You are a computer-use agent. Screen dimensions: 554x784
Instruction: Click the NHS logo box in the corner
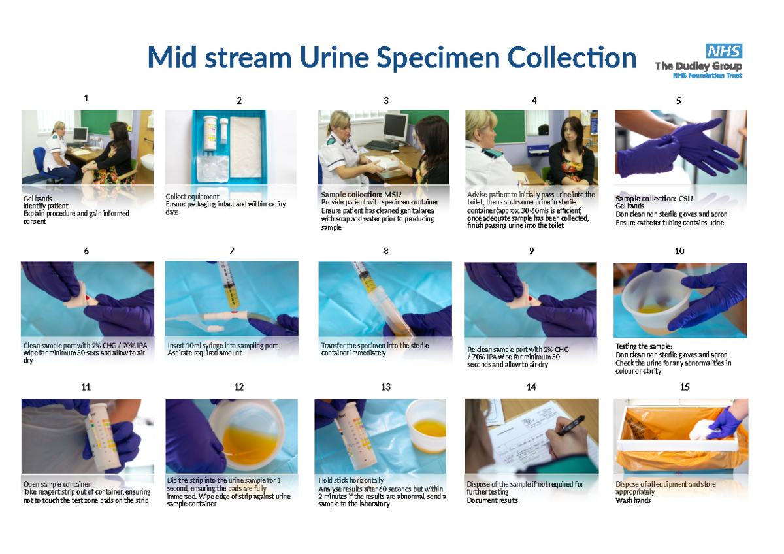pyautogui.click(x=724, y=51)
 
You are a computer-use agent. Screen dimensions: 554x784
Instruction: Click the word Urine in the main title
pyautogui.click(x=338, y=57)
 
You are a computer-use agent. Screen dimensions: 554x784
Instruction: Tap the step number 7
pyautogui.click(x=232, y=251)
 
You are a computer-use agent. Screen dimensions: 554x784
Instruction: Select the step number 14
pyautogui.click(x=531, y=387)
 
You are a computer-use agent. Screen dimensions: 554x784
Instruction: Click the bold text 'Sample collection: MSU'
pyautogui.click(x=361, y=194)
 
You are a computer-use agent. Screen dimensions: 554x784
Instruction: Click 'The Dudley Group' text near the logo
pyautogui.click(x=698, y=67)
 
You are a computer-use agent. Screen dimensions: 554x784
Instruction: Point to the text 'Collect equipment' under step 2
pyautogui.click(x=192, y=196)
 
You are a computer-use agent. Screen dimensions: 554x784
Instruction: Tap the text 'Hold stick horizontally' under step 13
pyautogui.click(x=351, y=480)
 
